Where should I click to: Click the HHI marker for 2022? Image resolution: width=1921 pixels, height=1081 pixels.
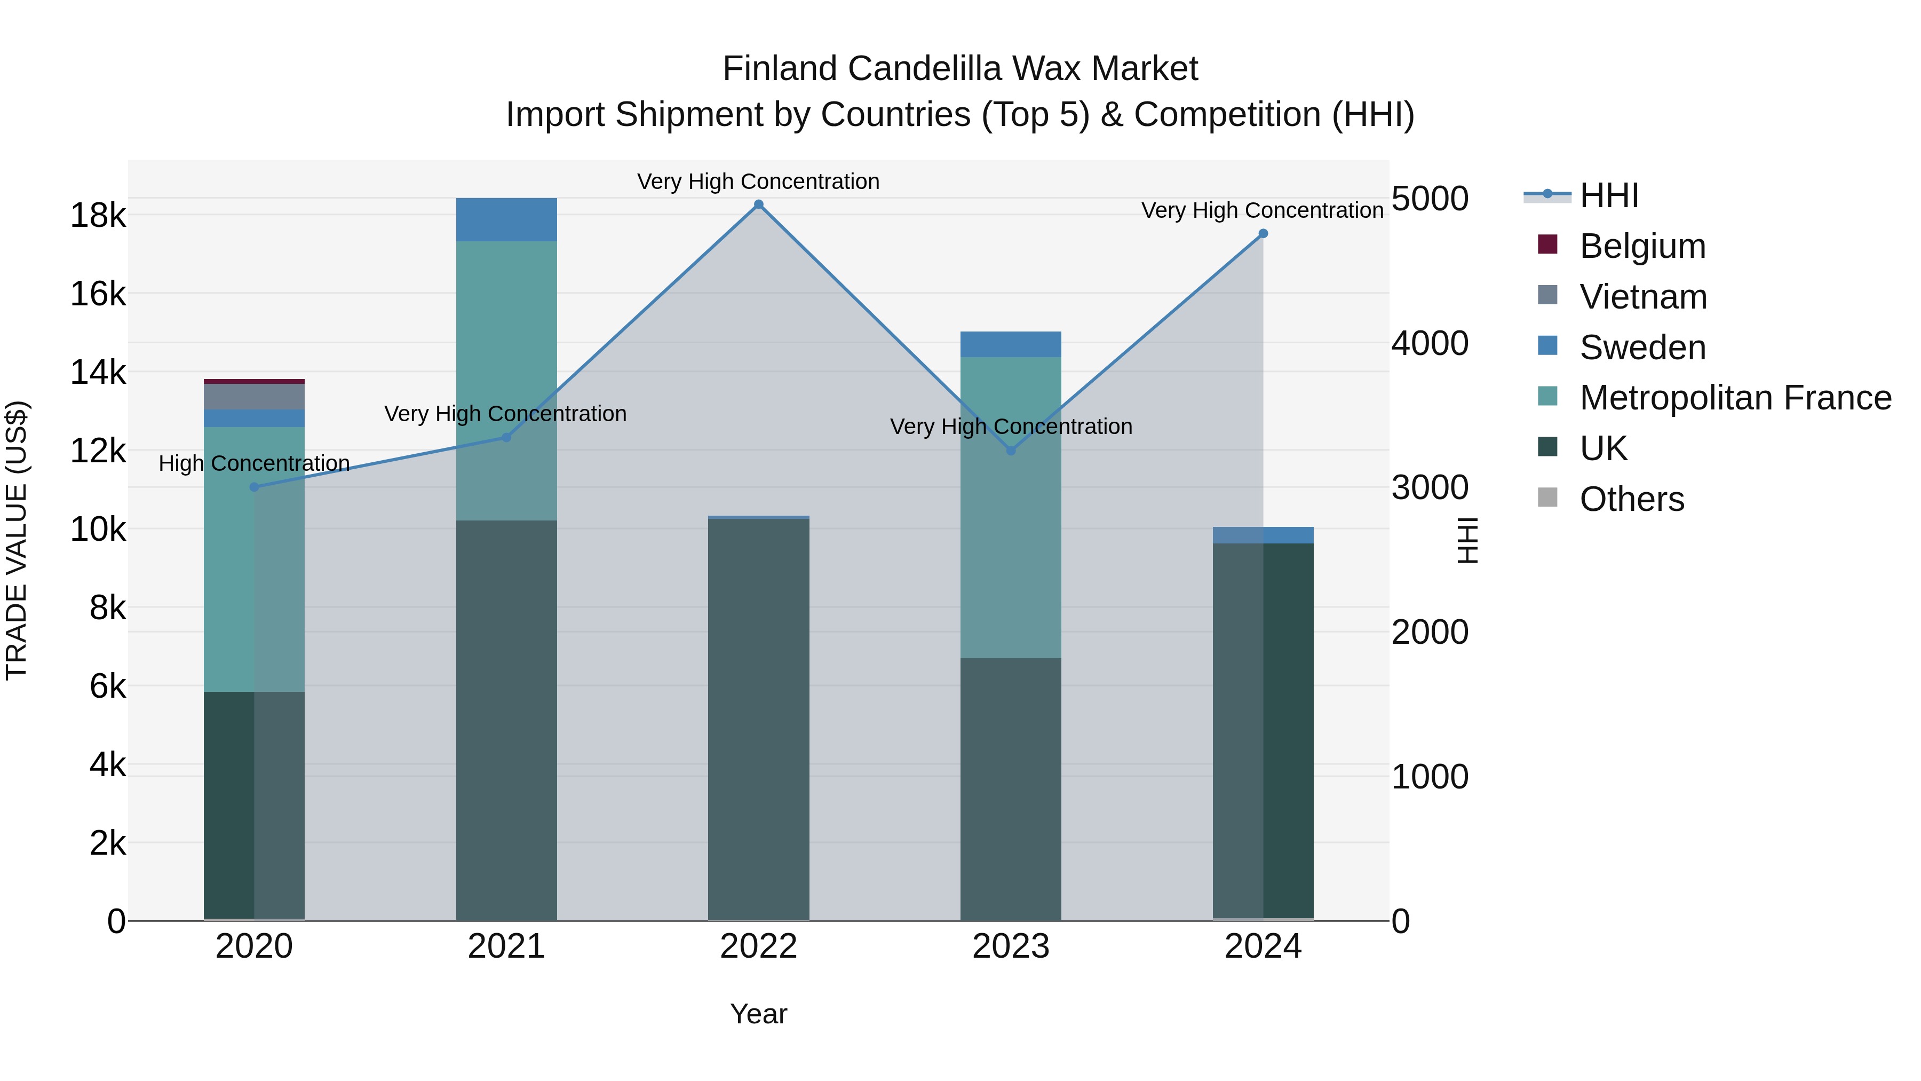coord(758,204)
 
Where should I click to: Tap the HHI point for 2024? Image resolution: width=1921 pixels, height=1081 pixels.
coord(1263,233)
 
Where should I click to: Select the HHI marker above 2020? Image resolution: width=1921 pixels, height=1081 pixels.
coord(255,487)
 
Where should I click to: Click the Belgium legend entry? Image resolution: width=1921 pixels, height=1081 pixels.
coord(1642,246)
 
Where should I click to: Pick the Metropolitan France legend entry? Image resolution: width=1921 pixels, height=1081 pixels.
coord(1735,398)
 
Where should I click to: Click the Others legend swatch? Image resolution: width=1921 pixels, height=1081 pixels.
coord(1548,498)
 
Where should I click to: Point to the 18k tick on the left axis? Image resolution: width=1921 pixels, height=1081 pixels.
coord(98,216)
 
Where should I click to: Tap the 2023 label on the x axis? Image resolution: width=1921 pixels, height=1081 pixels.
coord(1011,946)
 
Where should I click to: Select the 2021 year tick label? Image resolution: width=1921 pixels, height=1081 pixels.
coord(506,946)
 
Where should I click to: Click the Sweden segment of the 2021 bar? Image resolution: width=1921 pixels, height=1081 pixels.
coord(506,219)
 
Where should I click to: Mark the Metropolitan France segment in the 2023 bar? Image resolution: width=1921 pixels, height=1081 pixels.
coord(1011,507)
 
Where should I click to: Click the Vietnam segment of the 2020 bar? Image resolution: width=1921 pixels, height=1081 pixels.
coord(255,396)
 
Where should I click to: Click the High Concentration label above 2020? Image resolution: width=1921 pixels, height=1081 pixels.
coord(255,463)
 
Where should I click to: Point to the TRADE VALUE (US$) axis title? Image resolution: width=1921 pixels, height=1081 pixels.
coord(17,540)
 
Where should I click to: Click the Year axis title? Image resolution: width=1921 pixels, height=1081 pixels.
coord(758,1014)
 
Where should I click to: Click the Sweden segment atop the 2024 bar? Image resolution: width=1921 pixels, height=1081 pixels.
coord(1263,535)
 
